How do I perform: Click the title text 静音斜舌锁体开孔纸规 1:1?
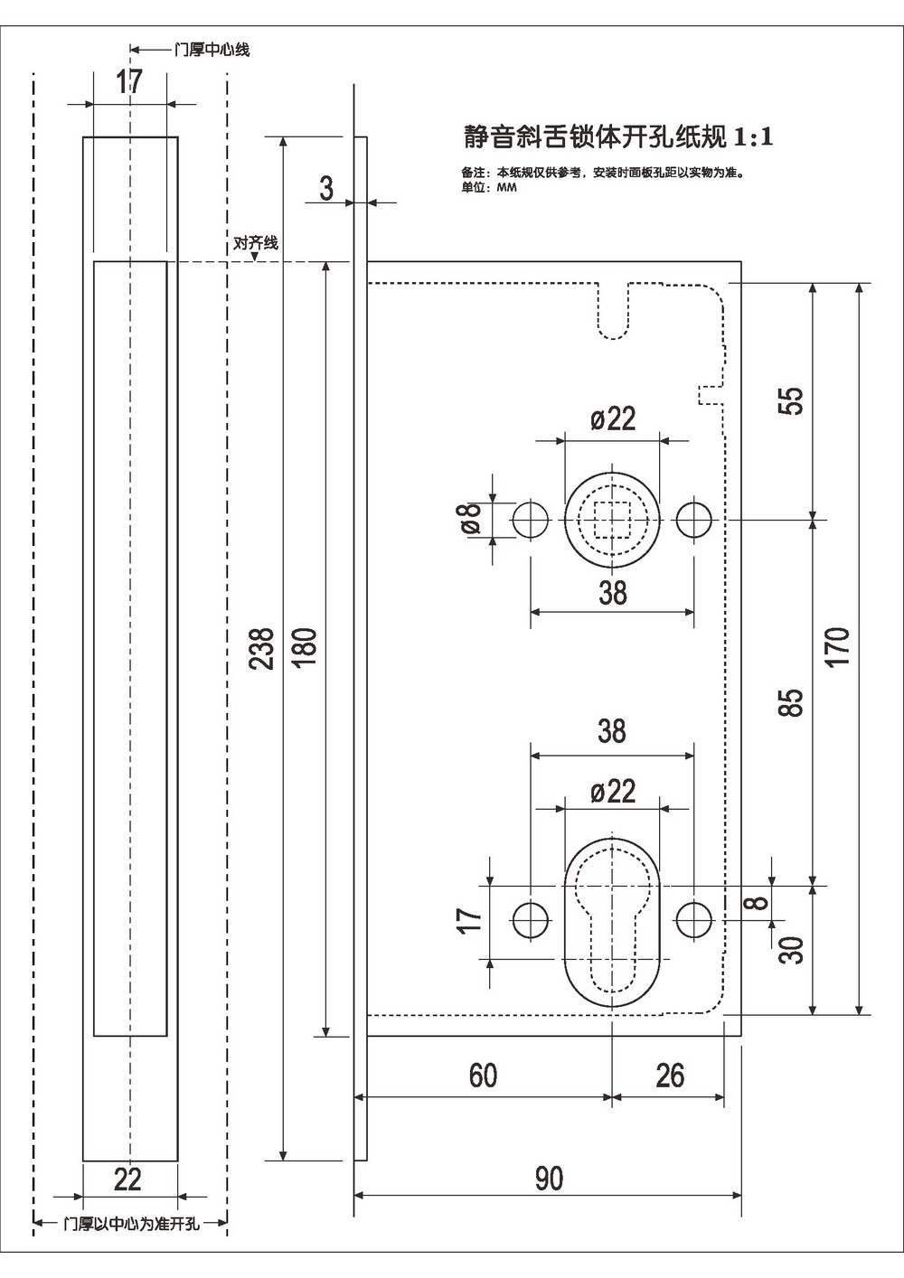pyautogui.click(x=618, y=136)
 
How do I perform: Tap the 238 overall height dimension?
pyautogui.click(x=262, y=648)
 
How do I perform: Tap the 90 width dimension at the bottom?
pyautogui.click(x=549, y=1179)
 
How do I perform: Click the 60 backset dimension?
pyautogui.click(x=483, y=1076)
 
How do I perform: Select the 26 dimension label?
pyautogui.click(x=670, y=1076)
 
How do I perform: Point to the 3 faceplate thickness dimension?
pyautogui.click(x=326, y=188)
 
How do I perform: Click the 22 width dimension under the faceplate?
pyautogui.click(x=128, y=1179)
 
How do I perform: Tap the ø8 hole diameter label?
pyautogui.click(x=469, y=520)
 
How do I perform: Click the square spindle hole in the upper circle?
pyautogui.click(x=613, y=520)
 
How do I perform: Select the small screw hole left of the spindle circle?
pyautogui.click(x=532, y=520)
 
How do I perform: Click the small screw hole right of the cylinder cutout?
pyautogui.click(x=694, y=920)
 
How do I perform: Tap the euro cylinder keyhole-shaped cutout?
pyautogui.click(x=613, y=922)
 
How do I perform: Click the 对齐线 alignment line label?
pyautogui.click(x=256, y=243)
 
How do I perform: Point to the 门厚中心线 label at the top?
pyautogui.click(x=212, y=50)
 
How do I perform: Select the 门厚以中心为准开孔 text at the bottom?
pyautogui.click(x=132, y=1224)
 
